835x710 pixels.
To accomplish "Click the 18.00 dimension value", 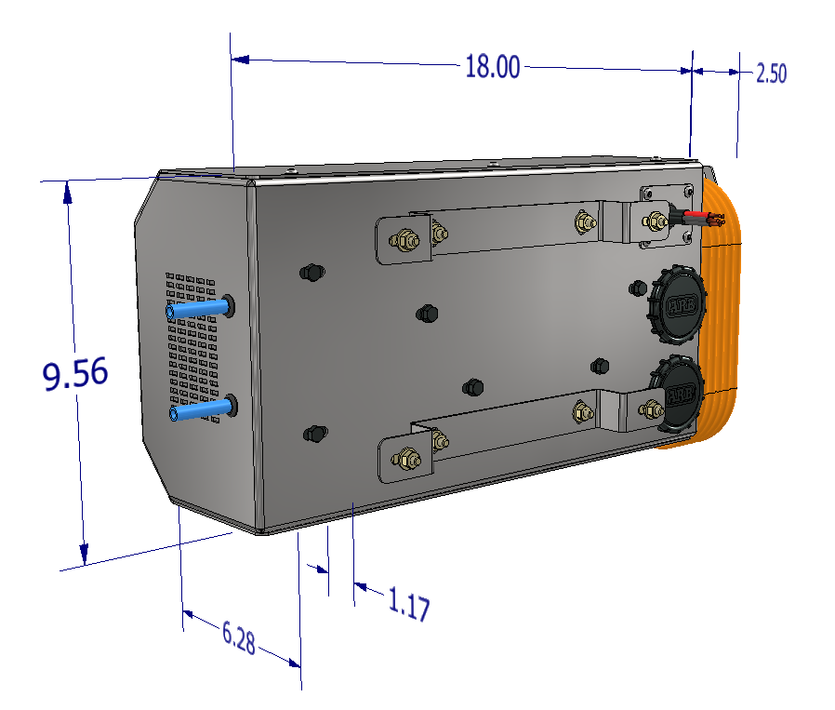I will (492, 67).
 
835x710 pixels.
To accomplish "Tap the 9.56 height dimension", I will (75, 374).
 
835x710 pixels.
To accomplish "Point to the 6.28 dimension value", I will (238, 638).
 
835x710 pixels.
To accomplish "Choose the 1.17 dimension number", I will (408, 606).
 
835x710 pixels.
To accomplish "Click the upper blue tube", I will (198, 309).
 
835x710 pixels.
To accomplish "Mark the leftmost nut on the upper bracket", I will (404, 240).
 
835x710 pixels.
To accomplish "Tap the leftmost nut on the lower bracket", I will (406, 458).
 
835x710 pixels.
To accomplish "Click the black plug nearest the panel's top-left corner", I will (312, 273).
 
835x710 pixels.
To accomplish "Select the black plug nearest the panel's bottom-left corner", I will (315, 433).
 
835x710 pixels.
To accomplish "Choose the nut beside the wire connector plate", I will (656, 221).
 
